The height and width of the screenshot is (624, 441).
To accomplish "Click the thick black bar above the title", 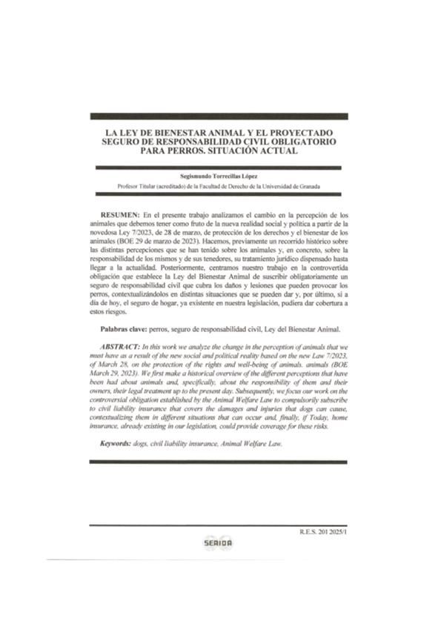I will (220, 117).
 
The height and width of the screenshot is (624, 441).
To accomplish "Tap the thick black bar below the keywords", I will (220, 461).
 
